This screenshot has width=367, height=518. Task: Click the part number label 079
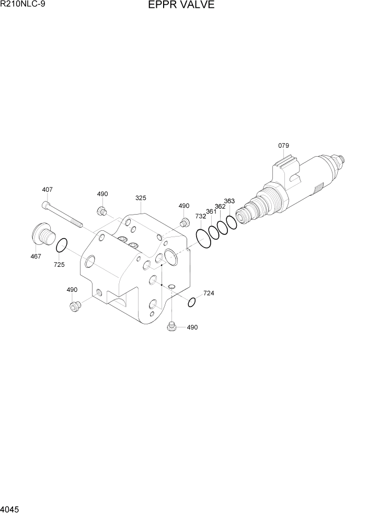coord(283,146)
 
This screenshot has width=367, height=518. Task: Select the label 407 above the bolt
coord(47,190)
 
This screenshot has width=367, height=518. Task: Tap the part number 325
coord(141,198)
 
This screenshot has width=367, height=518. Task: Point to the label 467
coord(35,256)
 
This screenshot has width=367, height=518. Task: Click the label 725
coord(59,265)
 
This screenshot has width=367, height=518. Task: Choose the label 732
coord(201,216)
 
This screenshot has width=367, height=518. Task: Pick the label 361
coord(211,211)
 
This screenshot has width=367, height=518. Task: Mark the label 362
coord(220,206)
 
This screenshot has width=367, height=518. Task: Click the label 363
coord(229,201)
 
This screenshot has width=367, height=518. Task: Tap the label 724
coord(209,293)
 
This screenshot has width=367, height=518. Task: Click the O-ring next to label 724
coord(192,302)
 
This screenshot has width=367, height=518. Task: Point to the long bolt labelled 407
coord(63,214)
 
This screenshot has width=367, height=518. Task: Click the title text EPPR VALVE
coord(174,5)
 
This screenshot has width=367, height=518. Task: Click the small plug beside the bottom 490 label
coord(170,327)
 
